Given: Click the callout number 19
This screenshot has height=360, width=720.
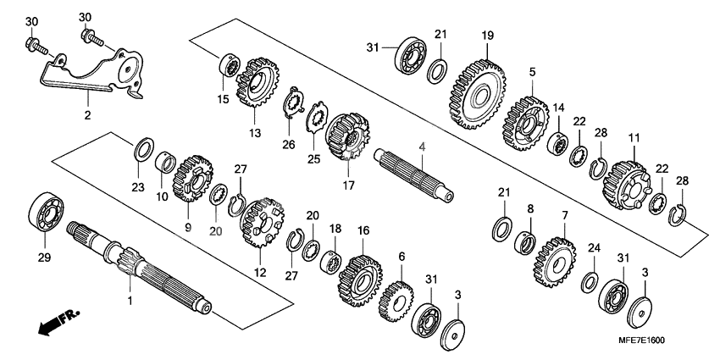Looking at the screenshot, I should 487,36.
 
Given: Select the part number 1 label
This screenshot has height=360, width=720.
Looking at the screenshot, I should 130,301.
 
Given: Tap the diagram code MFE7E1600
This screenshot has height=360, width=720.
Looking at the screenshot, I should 659,341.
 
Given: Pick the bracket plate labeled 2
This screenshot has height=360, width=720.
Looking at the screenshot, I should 93,75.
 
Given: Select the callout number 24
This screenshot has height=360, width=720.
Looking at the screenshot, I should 592,248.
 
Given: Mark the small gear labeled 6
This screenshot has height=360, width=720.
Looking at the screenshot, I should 396,298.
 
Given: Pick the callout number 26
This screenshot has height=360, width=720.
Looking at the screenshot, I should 289,144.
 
